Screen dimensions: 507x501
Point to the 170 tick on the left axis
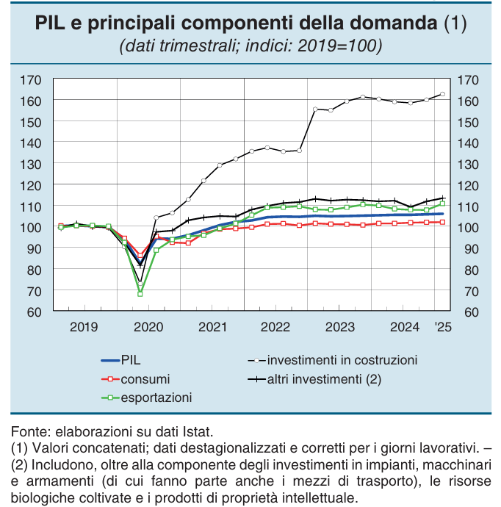tap(31, 79)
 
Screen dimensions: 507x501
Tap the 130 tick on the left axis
tap(31, 164)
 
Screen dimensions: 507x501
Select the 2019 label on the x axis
tap(83, 326)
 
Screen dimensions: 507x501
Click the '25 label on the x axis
tap(441, 326)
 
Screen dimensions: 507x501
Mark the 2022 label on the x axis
tap(275, 326)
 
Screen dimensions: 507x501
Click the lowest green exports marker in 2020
tap(140, 294)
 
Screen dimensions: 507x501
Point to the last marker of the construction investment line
tap(442, 94)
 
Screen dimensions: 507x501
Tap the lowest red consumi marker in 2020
tap(140, 256)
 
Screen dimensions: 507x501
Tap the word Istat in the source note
tap(198, 432)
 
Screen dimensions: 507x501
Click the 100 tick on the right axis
tap(468, 228)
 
